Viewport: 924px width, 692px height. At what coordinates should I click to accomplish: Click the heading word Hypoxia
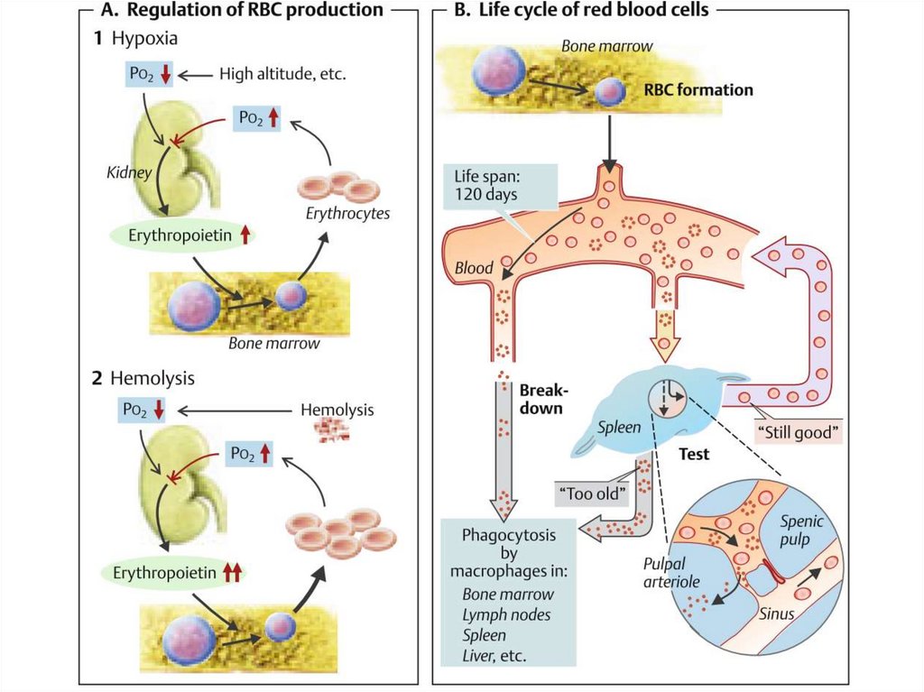144,40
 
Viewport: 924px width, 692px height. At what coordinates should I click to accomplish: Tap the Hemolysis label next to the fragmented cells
337,410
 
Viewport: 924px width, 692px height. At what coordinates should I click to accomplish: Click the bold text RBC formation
698,90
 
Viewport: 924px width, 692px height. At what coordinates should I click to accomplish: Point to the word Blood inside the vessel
474,268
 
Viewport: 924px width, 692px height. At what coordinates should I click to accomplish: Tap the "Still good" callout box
798,431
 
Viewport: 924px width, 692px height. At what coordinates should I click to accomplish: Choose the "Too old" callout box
588,494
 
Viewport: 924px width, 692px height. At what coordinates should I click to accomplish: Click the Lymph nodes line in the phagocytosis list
506,614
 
